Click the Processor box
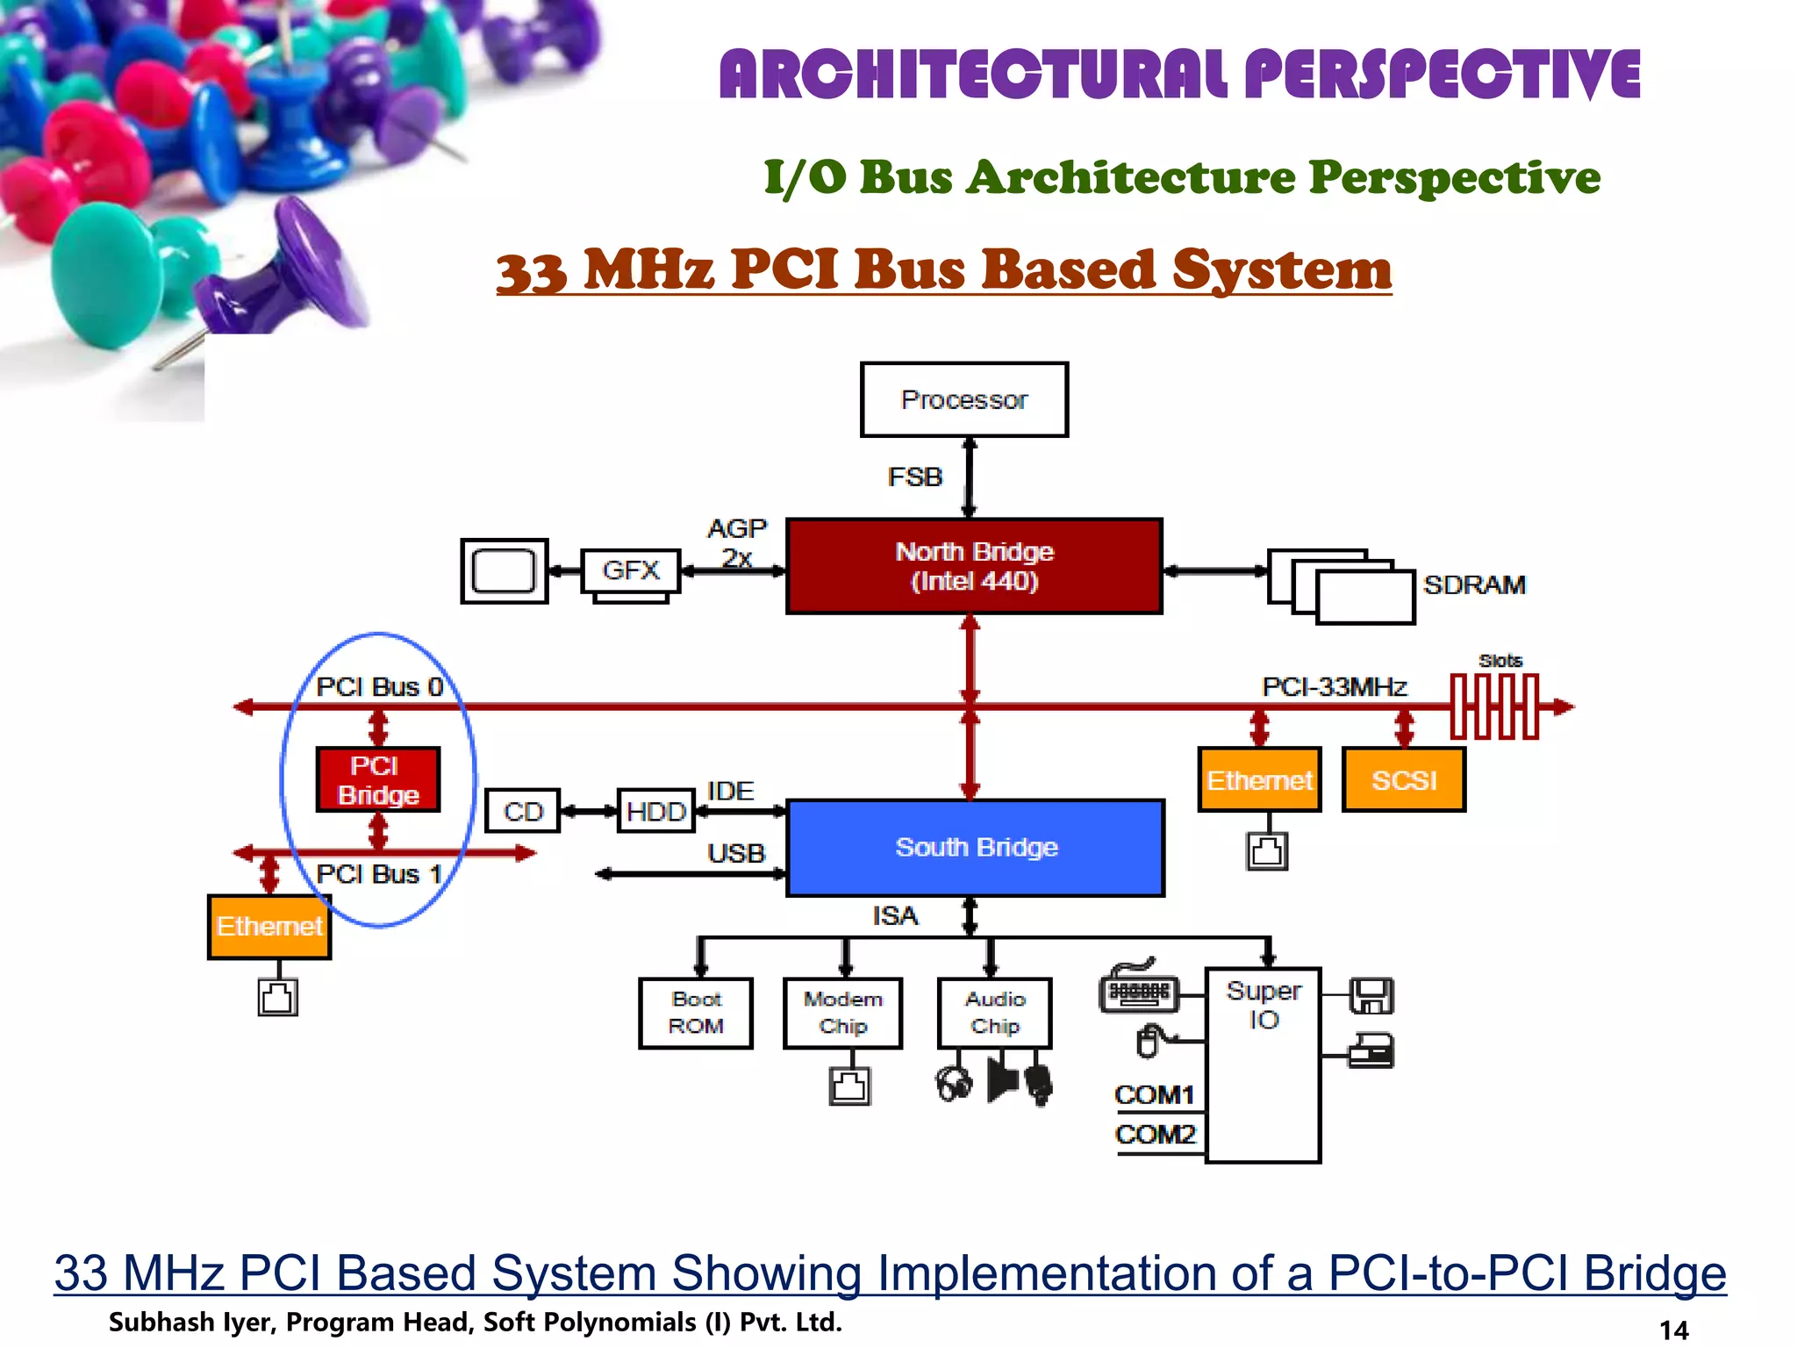point(963,399)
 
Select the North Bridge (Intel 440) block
point(974,566)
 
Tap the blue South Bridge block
point(976,847)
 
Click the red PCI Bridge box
point(377,779)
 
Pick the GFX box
point(630,570)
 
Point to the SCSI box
point(1403,779)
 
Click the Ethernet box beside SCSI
point(1259,779)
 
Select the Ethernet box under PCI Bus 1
point(269,926)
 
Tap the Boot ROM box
point(696,1013)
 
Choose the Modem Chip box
point(842,1013)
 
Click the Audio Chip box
point(994,1013)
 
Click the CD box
point(523,811)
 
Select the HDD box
point(655,811)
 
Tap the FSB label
point(914,477)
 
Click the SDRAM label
point(1474,584)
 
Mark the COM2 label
point(1155,1134)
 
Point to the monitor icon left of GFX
point(505,571)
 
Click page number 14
point(1673,1330)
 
